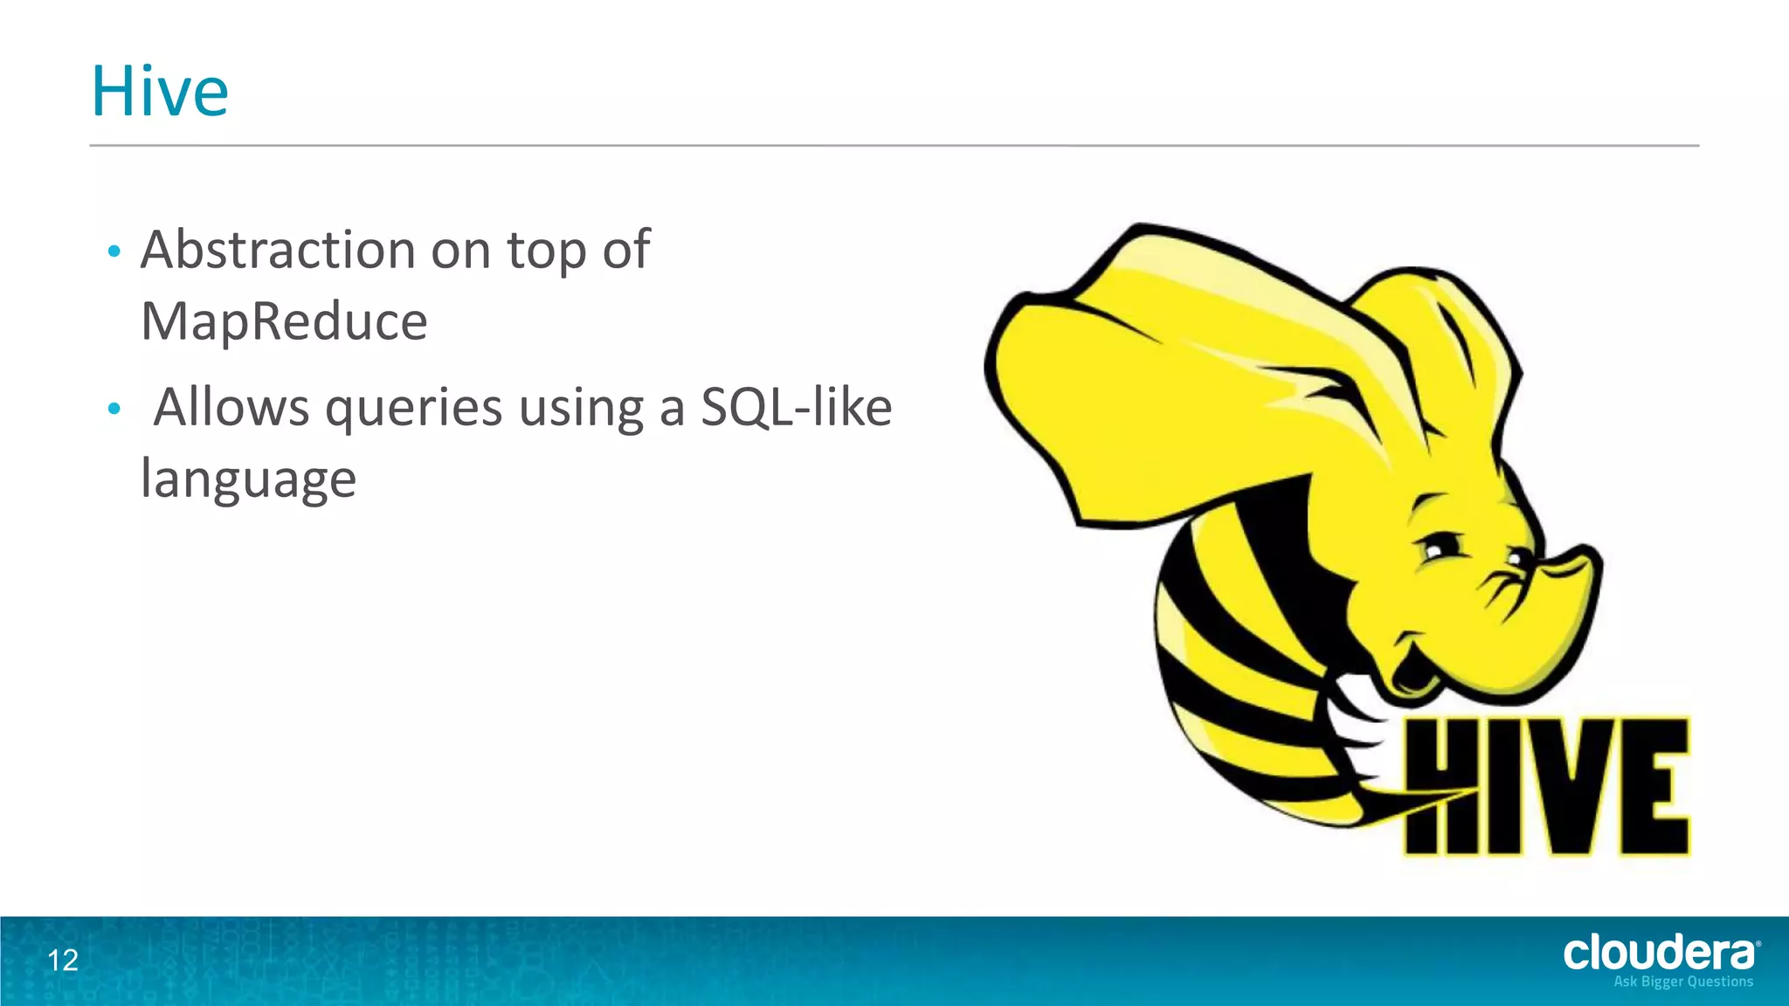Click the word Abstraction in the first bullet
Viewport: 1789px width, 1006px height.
[278, 250]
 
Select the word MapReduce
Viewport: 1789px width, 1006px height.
[284, 321]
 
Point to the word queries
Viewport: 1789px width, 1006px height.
[413, 409]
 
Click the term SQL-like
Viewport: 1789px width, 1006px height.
[796, 407]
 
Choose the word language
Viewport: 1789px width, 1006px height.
[248, 479]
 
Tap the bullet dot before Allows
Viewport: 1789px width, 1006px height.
[113, 409]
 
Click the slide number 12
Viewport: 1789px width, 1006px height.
[63, 961]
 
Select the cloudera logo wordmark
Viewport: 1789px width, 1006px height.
[1660, 953]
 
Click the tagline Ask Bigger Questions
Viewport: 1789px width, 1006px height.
[1683, 982]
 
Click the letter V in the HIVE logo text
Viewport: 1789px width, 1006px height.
[1560, 786]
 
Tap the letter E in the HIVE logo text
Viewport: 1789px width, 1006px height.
[1653, 786]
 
